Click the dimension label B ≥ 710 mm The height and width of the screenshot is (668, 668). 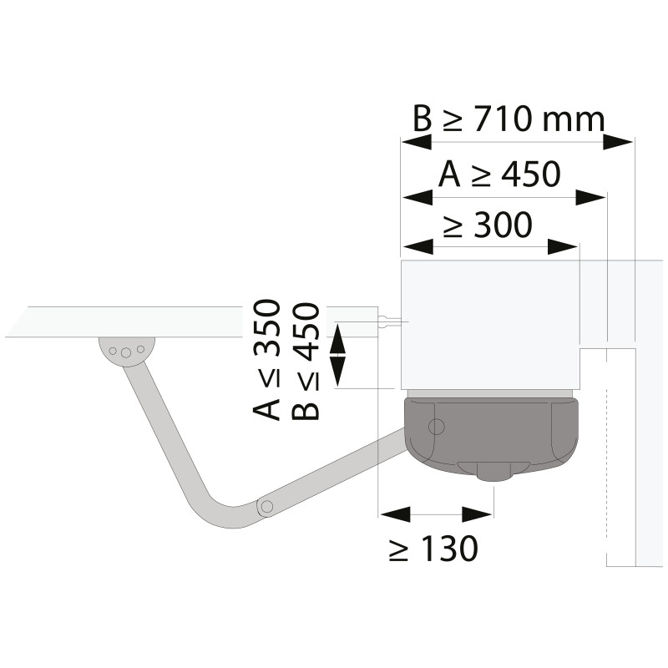pyautogui.click(x=509, y=119)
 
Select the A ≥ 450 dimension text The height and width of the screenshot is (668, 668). pyautogui.click(x=499, y=174)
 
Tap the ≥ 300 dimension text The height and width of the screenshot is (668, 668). pyautogui.click(x=488, y=224)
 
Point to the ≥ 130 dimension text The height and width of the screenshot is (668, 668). pyautogui.click(x=433, y=549)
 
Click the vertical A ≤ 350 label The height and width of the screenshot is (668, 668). pyautogui.click(x=267, y=360)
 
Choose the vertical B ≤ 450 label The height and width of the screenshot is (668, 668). pyautogui.click(x=306, y=362)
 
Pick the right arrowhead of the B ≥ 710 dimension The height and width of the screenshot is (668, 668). pyautogui.click(x=618, y=142)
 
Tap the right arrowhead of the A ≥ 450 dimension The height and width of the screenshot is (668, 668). pyautogui.click(x=590, y=197)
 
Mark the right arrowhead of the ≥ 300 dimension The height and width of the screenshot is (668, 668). pyautogui.click(x=563, y=246)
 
